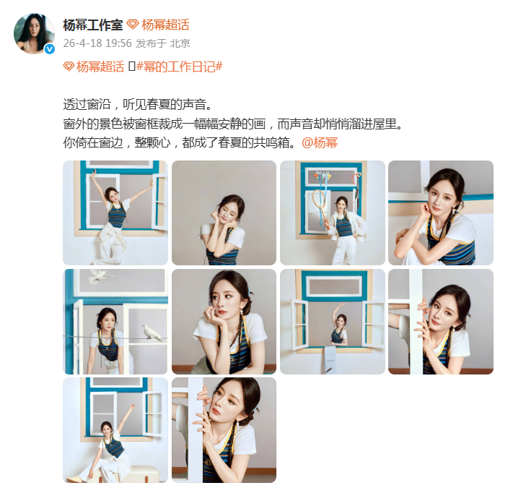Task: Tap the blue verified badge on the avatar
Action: coord(49,48)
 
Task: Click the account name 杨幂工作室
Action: coord(92,25)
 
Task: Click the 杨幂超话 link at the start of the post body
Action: coord(95,67)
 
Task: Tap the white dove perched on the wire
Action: coord(150,332)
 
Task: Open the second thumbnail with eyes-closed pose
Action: coord(224,213)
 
